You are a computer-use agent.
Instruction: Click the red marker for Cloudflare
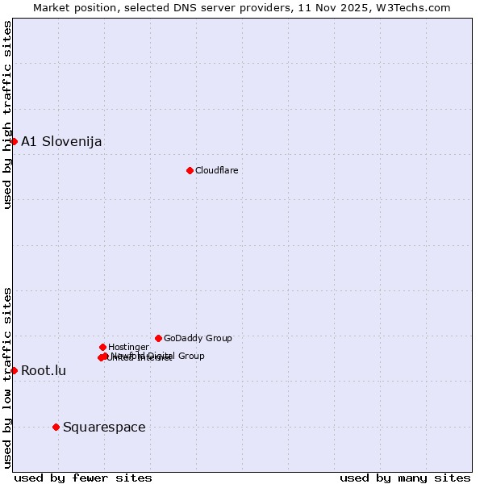point(190,170)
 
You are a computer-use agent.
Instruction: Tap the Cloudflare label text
point(216,170)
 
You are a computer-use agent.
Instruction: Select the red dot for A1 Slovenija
point(14,141)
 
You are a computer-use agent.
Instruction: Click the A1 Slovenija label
point(61,142)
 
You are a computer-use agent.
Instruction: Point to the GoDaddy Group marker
point(158,338)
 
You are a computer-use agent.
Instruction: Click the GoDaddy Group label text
point(198,339)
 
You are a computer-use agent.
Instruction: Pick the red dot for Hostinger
point(102,347)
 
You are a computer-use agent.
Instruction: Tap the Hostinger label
point(128,348)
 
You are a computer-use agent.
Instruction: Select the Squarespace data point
point(56,427)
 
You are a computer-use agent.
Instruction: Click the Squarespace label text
point(104,428)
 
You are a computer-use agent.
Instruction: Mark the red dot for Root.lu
point(14,370)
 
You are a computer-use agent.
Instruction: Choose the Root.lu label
point(44,371)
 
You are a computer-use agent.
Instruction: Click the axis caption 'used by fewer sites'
point(83,478)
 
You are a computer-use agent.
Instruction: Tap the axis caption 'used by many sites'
point(405,478)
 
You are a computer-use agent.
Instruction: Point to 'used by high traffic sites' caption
point(8,115)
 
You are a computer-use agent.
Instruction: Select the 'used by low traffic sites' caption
point(8,377)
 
